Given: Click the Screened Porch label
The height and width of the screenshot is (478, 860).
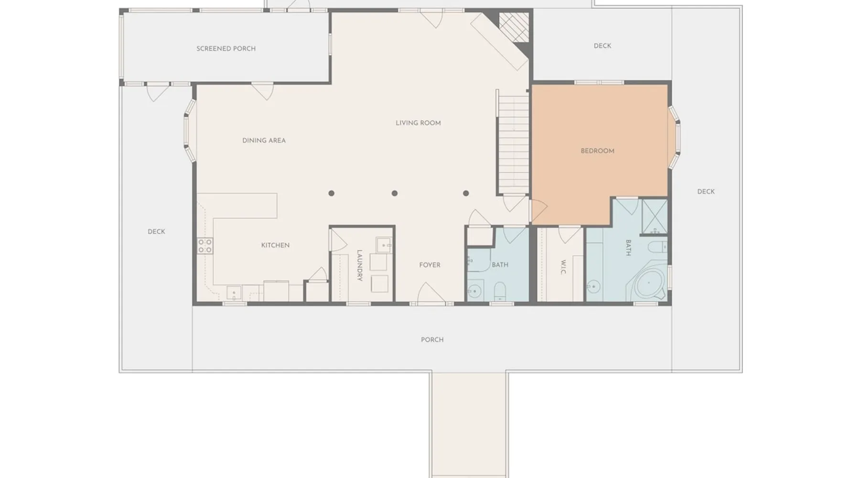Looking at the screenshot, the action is pyautogui.click(x=226, y=48).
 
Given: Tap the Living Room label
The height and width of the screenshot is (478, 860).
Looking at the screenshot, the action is pyautogui.click(x=418, y=123).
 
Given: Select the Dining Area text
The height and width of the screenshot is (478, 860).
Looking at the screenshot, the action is pyautogui.click(x=264, y=141).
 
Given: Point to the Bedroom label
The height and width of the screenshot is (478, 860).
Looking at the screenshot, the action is pyautogui.click(x=597, y=151).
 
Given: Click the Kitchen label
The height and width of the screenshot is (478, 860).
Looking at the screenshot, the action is pyautogui.click(x=275, y=245).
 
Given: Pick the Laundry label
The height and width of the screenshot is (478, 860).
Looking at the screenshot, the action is pyautogui.click(x=360, y=265).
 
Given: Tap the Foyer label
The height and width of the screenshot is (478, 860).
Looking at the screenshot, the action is pyautogui.click(x=430, y=265).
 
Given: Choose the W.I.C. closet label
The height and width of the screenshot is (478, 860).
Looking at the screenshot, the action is pyautogui.click(x=563, y=267).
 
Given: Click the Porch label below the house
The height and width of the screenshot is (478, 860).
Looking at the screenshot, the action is pyautogui.click(x=432, y=340).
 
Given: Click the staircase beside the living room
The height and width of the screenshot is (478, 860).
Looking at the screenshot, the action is pyautogui.click(x=513, y=142).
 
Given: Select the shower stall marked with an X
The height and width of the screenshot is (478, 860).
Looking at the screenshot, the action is pyautogui.click(x=655, y=217).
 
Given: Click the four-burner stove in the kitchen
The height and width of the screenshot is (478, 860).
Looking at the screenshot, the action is pyautogui.click(x=205, y=246).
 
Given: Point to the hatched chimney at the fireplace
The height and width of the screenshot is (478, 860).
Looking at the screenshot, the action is pyautogui.click(x=514, y=27).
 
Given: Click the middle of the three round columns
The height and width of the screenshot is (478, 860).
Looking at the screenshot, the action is pyautogui.click(x=395, y=193).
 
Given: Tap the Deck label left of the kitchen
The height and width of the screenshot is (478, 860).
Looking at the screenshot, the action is pyautogui.click(x=156, y=232).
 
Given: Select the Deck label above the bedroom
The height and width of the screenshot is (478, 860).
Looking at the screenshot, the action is pyautogui.click(x=602, y=46).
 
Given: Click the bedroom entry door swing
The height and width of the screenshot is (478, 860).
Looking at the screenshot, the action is pyautogui.click(x=538, y=212).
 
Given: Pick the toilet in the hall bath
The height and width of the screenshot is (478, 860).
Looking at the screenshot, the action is pyautogui.click(x=500, y=290).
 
